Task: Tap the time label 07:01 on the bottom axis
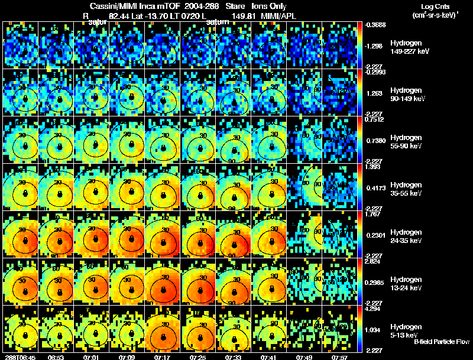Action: point(91,357)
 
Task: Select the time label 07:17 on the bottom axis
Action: point(162,357)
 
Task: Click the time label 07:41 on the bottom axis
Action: point(268,357)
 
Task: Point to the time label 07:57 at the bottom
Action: point(339,357)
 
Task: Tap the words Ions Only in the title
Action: point(268,5)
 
